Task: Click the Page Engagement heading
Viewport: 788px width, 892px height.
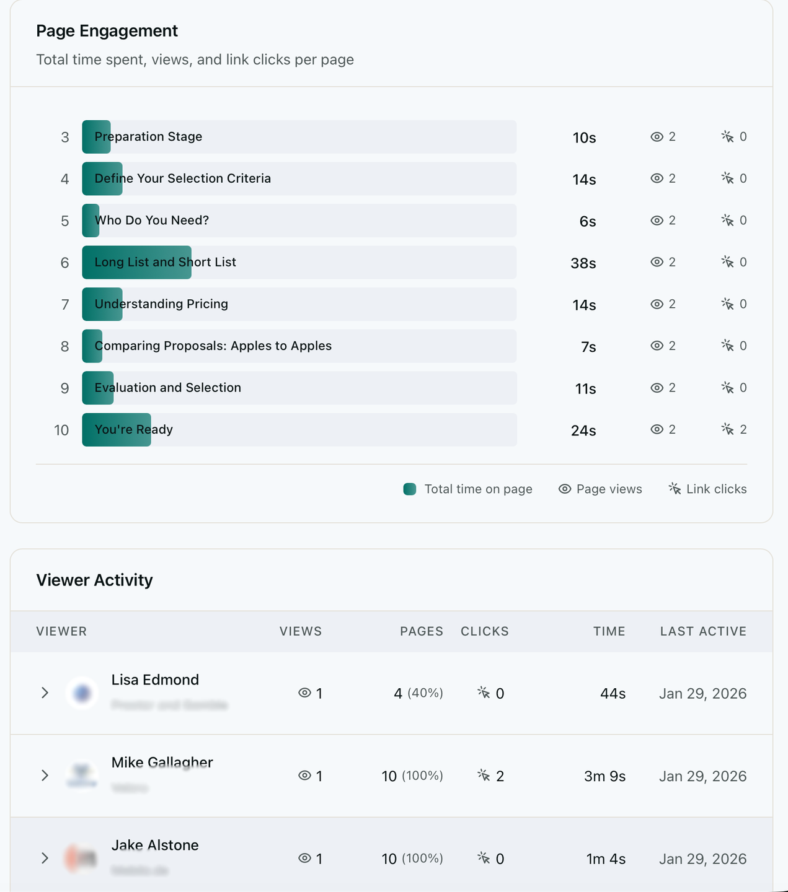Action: coord(107,31)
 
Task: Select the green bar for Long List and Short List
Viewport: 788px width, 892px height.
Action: coord(136,263)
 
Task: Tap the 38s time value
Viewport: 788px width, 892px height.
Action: coord(583,263)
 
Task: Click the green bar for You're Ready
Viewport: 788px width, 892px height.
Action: coord(117,430)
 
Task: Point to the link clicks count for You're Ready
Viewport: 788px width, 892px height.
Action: coord(743,429)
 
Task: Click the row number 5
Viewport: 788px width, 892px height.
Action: coord(64,221)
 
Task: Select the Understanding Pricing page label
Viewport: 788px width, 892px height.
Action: coord(161,304)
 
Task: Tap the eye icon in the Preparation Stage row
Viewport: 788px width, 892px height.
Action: coord(657,137)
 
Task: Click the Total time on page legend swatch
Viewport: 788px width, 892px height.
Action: coord(410,489)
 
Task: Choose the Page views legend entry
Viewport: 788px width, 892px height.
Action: coord(600,489)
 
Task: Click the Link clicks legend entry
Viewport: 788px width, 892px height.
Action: coord(707,489)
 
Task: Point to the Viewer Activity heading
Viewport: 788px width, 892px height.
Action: coord(94,580)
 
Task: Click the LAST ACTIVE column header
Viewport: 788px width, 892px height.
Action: coord(703,631)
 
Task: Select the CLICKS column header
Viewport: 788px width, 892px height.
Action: coord(484,631)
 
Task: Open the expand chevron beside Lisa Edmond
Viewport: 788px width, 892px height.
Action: coord(45,693)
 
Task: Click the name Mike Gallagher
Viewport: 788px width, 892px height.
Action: coord(162,763)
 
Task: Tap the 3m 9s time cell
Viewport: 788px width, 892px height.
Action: coord(604,776)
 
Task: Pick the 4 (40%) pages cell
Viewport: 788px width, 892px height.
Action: coord(418,693)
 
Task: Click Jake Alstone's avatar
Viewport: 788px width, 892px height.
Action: coord(82,859)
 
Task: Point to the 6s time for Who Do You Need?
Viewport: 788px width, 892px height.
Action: coord(587,222)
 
